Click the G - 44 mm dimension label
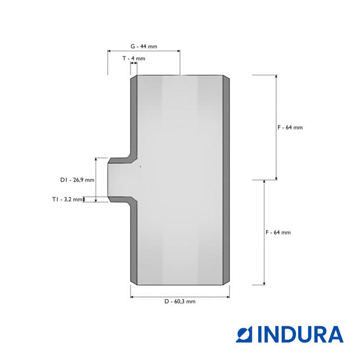coord(144,46)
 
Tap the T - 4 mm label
coord(134,58)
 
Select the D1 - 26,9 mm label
coord(77,180)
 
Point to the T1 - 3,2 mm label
coord(67,199)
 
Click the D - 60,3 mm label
coord(180,301)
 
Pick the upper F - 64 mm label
coord(290,127)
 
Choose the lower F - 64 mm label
coord(278,232)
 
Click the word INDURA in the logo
coord(301,334)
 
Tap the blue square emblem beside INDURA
coord(244,334)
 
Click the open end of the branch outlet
coord(108,180)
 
